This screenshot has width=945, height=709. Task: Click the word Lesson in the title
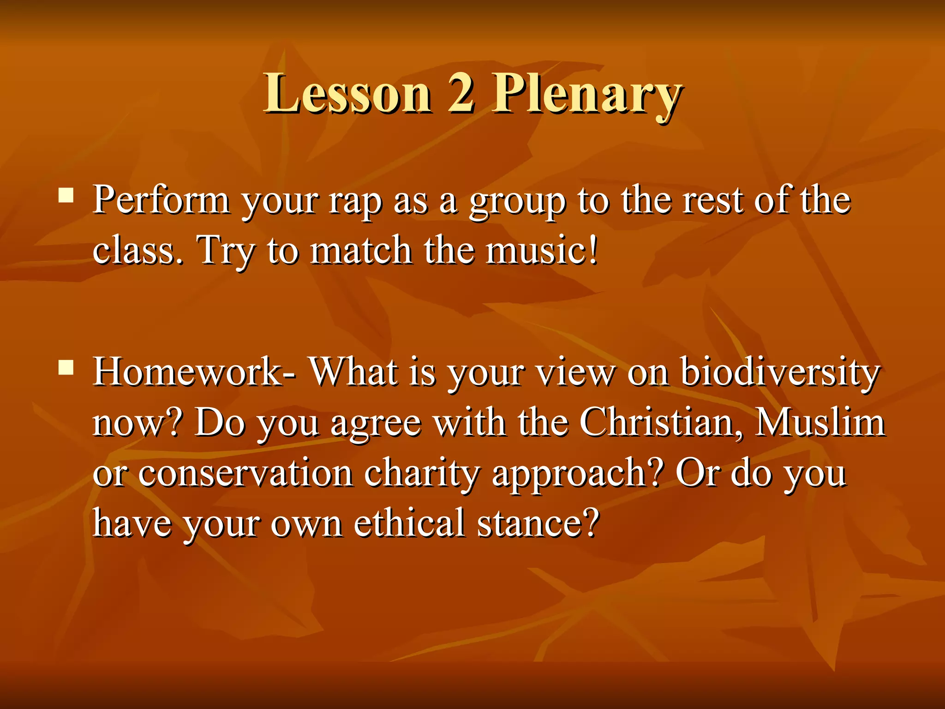tap(347, 94)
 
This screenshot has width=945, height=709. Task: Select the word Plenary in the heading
tap(586, 95)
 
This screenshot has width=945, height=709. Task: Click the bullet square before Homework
tap(66, 367)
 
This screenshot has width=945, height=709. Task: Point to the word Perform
tap(161, 201)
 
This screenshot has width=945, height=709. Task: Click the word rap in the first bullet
tap(354, 203)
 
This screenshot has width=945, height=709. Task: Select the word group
tap(516, 203)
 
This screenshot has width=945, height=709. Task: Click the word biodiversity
tap(780, 373)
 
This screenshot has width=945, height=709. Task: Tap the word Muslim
tap(819, 422)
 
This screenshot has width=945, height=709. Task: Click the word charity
tap(421, 474)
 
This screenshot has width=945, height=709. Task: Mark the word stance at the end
tap(538, 524)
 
